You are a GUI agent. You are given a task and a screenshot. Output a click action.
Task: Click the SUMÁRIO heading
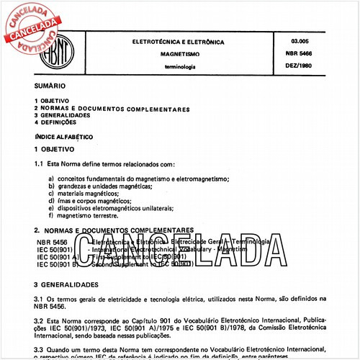[50, 85]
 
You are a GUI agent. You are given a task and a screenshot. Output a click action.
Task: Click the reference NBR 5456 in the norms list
[51, 241]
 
